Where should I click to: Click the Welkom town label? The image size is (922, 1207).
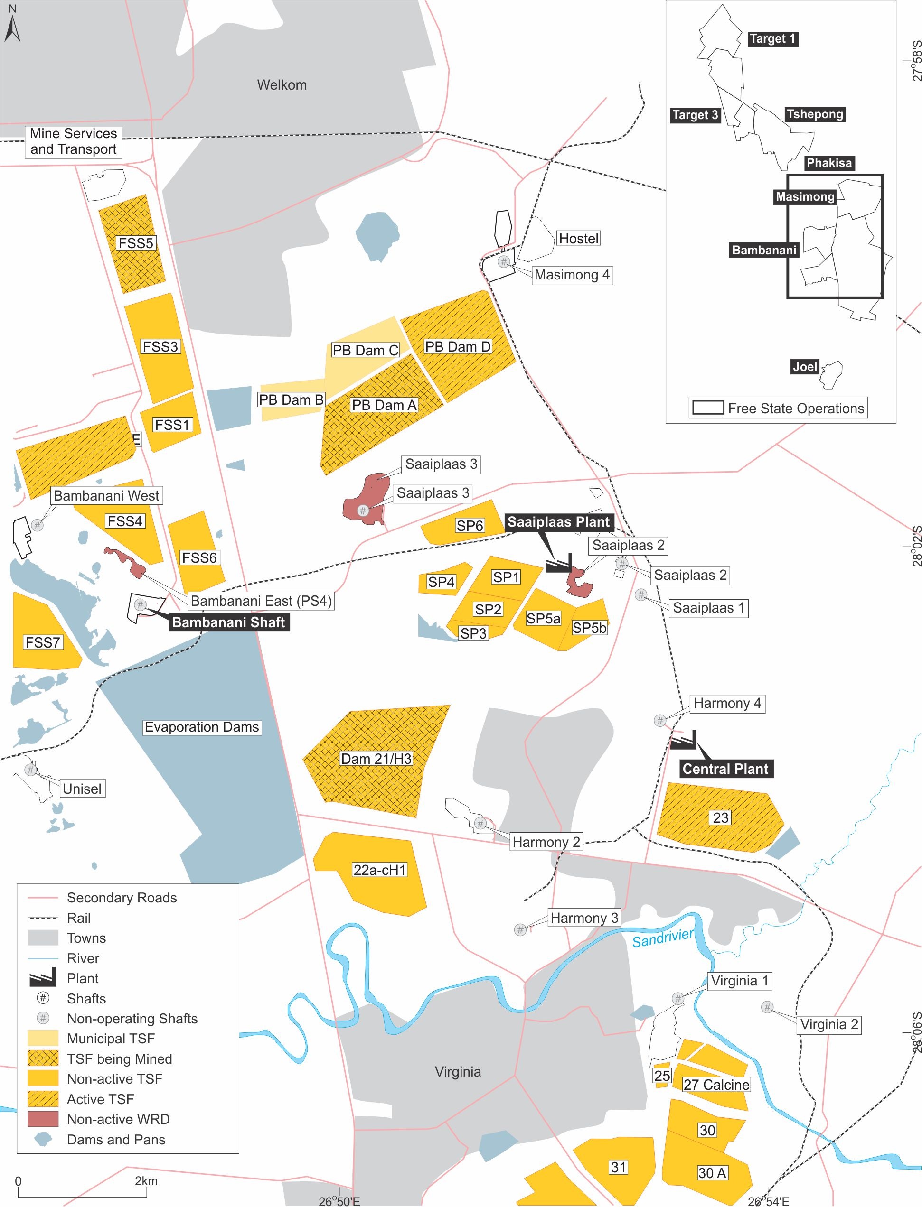point(282,85)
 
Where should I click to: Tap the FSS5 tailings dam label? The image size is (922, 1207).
point(136,243)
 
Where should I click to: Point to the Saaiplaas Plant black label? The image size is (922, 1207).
point(558,521)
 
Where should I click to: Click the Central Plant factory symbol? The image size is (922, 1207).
point(683,740)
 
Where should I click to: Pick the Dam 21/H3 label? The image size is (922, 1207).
point(376,759)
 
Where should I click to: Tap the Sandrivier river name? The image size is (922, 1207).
point(663,937)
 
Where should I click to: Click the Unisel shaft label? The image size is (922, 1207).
point(82,789)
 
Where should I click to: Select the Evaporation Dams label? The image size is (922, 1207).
point(201,727)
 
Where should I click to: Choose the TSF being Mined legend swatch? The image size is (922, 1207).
point(43,1058)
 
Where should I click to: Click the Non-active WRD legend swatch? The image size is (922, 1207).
point(43,1119)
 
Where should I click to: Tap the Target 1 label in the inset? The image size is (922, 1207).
point(771,38)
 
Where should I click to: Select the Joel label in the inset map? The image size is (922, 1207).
point(805,366)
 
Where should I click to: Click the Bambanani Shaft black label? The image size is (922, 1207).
point(228,622)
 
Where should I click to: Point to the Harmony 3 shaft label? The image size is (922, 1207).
point(584,918)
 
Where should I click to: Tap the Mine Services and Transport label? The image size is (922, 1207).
point(74,141)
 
